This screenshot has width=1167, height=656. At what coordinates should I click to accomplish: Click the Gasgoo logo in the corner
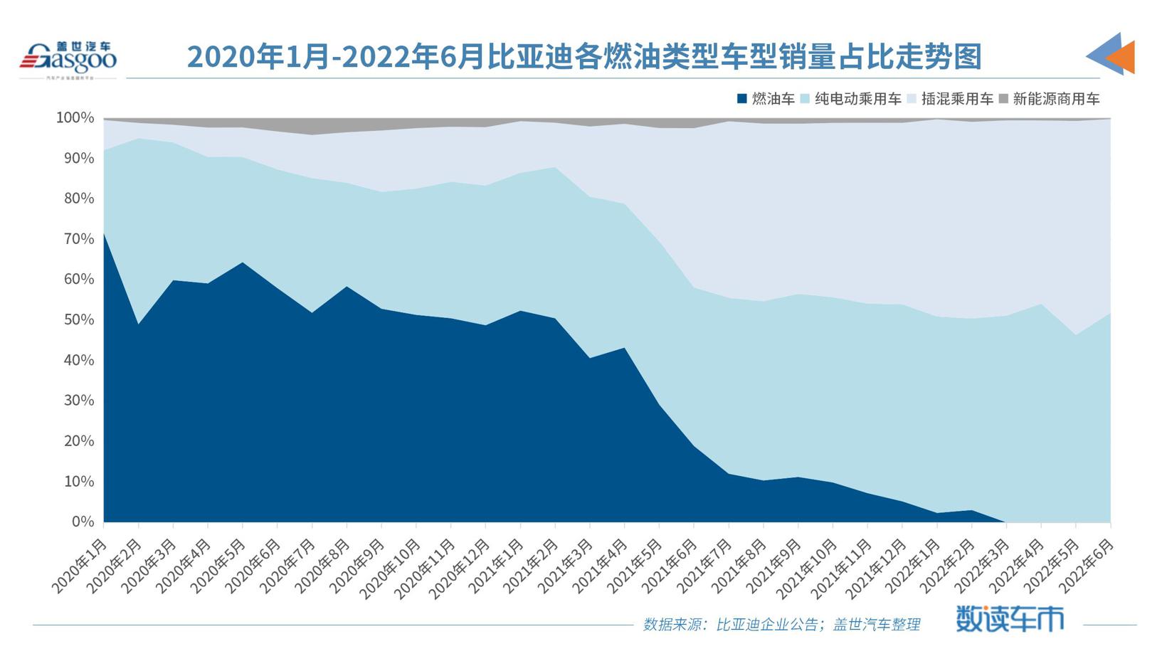(x=68, y=58)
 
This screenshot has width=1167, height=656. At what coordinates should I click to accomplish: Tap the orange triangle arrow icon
(x=1120, y=57)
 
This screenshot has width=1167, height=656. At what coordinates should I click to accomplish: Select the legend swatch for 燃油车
(x=742, y=99)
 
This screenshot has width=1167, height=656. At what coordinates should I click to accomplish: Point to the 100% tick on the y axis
(x=75, y=117)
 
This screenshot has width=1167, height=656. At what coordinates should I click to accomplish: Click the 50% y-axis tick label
(x=79, y=319)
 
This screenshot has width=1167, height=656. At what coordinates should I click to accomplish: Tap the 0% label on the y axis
(x=83, y=522)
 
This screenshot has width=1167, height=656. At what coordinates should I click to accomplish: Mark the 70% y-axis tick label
(x=79, y=239)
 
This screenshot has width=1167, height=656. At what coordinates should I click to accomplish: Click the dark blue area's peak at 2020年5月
(x=243, y=263)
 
